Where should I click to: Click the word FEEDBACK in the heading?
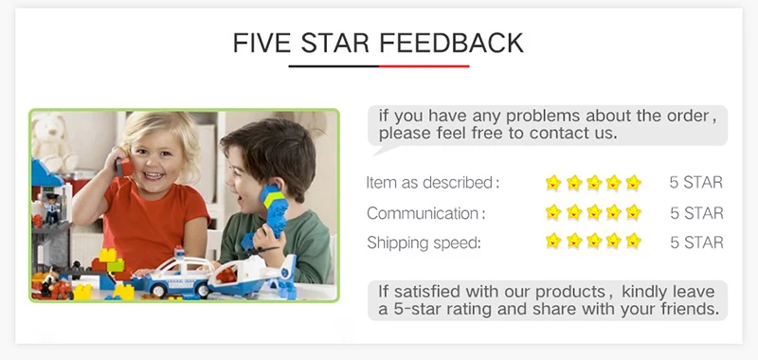(x=451, y=43)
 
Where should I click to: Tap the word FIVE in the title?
(x=262, y=43)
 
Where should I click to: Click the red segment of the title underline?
(x=424, y=66)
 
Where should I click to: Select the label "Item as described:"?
(x=433, y=183)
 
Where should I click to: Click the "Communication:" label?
(x=425, y=213)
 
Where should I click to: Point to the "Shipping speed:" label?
(x=424, y=243)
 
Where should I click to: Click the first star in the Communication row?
(x=553, y=212)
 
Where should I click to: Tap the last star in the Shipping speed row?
(x=633, y=241)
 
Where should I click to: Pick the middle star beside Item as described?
(x=594, y=183)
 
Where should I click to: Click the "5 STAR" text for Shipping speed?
(x=696, y=243)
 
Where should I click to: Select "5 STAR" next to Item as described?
(x=696, y=183)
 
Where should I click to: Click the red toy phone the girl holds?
(x=124, y=167)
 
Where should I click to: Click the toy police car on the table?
(x=178, y=275)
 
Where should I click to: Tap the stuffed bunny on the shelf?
(x=56, y=142)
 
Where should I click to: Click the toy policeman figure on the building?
(x=50, y=208)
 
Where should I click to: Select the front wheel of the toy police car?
(x=159, y=291)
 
